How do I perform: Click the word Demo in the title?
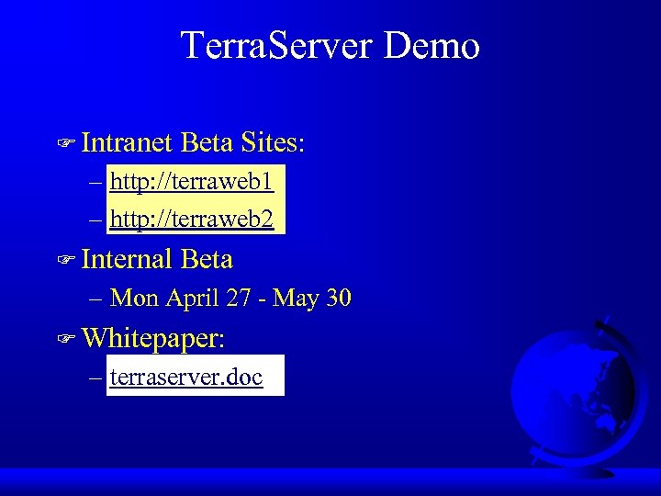[431, 45]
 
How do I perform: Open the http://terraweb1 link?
[191, 181]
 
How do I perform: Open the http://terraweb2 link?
[191, 220]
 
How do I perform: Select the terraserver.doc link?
[186, 377]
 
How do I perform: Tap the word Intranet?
[127, 142]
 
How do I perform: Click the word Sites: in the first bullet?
[273, 142]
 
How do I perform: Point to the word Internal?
[128, 260]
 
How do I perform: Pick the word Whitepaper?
[153, 338]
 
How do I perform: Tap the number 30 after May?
[337, 299]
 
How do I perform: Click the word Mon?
[134, 299]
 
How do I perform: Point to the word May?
[296, 299]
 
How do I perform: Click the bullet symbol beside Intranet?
[64, 143]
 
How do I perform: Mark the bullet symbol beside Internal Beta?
[64, 261]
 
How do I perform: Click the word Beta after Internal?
[207, 260]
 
